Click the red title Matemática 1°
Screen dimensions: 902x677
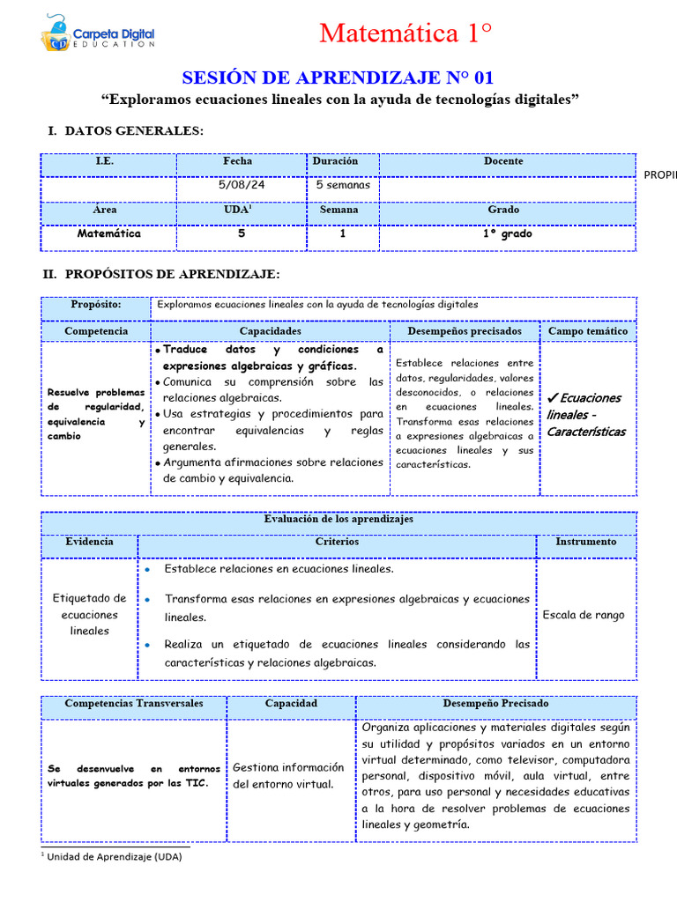coord(405,33)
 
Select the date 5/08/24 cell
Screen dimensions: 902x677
coord(237,186)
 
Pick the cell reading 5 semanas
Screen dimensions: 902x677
coord(342,186)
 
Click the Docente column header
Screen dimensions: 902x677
coord(503,162)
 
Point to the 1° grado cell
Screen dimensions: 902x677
coord(506,234)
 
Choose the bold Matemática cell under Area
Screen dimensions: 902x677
coord(108,234)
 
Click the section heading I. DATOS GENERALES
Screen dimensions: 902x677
coord(125,131)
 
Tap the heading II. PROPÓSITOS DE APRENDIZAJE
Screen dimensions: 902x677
coord(161,275)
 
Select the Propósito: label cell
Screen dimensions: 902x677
coord(96,305)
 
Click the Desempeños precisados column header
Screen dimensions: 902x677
coord(464,331)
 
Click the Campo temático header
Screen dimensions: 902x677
coord(588,331)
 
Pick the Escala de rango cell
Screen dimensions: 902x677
coord(584,615)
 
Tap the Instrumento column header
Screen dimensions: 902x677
coord(585,543)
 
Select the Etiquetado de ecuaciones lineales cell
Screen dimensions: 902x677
coord(89,614)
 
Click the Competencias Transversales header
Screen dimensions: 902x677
coord(134,705)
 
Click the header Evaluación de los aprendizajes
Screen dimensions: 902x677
coord(338,520)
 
